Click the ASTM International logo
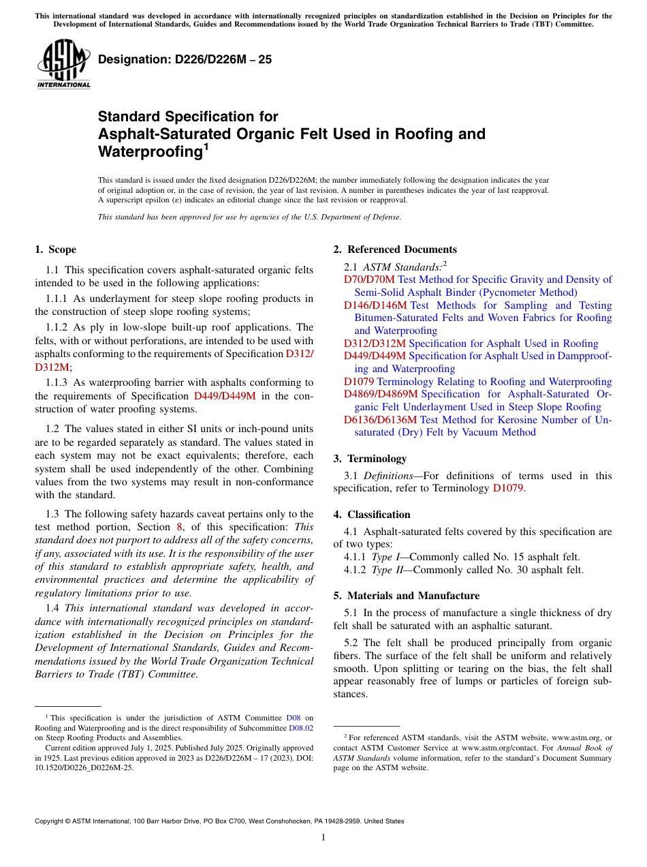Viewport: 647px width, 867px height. pos(64,64)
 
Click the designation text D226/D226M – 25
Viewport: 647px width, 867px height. pos(185,59)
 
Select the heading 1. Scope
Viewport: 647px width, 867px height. pos(56,249)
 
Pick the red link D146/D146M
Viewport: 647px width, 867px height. pos(375,305)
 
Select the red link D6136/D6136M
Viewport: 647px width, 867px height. pos(381,420)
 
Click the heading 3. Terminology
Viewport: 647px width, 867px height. pos(377,459)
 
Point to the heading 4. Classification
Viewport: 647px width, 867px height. pos(379,515)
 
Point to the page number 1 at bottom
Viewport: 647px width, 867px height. pos(323,837)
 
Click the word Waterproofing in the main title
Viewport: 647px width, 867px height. pos(150,151)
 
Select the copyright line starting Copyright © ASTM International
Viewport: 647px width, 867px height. pos(219,821)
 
